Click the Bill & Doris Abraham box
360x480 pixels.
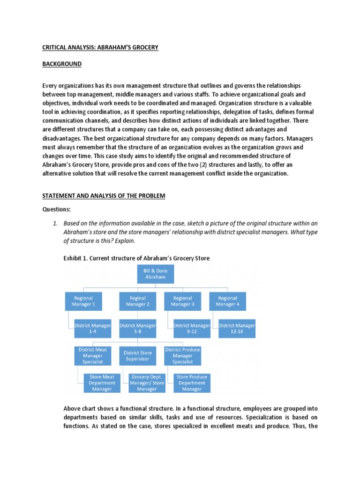(x=155, y=274)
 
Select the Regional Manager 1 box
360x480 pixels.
(x=83, y=301)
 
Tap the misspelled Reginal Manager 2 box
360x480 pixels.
(x=137, y=301)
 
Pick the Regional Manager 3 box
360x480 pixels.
(x=182, y=301)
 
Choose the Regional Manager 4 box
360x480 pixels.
(x=227, y=301)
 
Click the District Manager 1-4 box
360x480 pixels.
(x=93, y=329)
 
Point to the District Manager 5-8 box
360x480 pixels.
(x=137, y=329)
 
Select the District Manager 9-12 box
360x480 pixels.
(x=192, y=329)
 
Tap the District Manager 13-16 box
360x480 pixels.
(x=237, y=329)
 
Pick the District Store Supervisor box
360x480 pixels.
(x=138, y=356)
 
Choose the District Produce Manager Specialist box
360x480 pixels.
(x=182, y=356)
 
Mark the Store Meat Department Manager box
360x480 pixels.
(x=102, y=383)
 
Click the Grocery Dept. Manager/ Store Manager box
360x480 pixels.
(x=147, y=383)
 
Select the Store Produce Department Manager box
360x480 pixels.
(x=192, y=383)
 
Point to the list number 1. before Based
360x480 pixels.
(x=55, y=223)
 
